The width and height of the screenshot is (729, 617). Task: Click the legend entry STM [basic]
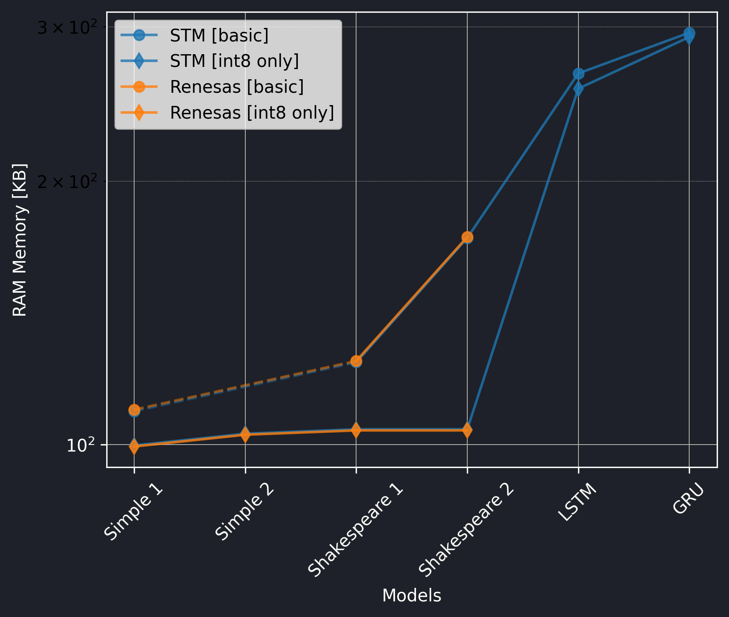219,36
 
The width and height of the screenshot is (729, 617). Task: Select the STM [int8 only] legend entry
234,61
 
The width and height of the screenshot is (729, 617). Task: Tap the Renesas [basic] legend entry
237,87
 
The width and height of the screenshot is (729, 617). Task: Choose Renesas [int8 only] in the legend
252,112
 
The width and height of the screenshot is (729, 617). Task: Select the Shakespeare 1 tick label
355,530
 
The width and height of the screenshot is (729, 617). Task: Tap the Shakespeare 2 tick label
466,530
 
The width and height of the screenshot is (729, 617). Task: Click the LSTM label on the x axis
577,502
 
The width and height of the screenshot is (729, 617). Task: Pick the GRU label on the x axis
688,498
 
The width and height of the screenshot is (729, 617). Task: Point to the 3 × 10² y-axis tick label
67,28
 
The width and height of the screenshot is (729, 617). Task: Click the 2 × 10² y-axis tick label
67,182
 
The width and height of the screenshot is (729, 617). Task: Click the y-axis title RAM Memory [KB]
20,240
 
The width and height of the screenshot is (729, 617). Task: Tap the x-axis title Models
411,596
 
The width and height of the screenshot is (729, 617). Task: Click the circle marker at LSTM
578,74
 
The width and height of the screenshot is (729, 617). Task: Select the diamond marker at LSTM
578,89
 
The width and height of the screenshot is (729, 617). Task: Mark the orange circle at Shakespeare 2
467,237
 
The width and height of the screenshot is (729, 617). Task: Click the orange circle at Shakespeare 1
356,361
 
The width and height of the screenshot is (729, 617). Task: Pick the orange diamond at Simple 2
245,434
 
